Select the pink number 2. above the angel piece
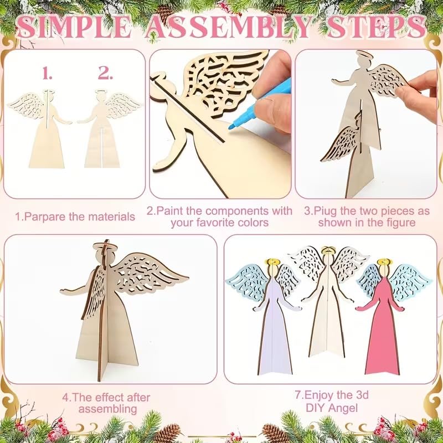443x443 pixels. pos(105,73)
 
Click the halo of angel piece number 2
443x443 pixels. pos(100,93)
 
